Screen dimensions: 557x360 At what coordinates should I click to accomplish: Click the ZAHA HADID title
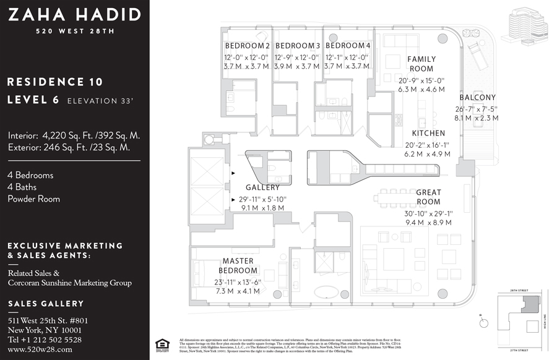75,15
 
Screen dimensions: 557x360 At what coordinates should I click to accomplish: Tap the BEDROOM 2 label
247,46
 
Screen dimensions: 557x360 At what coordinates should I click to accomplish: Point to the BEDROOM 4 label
348,46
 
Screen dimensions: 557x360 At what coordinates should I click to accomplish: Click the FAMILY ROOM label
421,64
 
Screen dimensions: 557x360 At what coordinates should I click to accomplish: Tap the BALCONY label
477,98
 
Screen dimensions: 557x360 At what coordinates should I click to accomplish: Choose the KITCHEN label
429,133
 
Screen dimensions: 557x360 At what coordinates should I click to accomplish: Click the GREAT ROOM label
428,197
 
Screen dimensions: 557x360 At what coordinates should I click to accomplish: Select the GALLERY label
262,187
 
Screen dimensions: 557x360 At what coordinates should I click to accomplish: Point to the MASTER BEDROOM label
238,266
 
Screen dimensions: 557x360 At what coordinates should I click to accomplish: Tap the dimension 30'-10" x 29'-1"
428,213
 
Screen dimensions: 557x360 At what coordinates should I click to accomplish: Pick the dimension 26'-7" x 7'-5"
477,109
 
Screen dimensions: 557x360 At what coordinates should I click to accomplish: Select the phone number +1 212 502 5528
45,340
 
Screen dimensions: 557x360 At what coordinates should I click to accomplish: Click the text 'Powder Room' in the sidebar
34,199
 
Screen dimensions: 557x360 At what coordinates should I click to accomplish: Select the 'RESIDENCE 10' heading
55,82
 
